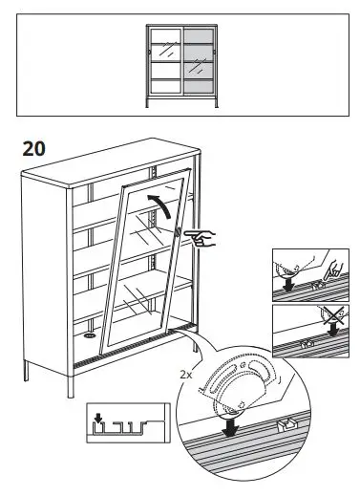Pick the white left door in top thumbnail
pyautogui.click(x=163, y=59)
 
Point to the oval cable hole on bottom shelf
pyautogui.click(x=89, y=335)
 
